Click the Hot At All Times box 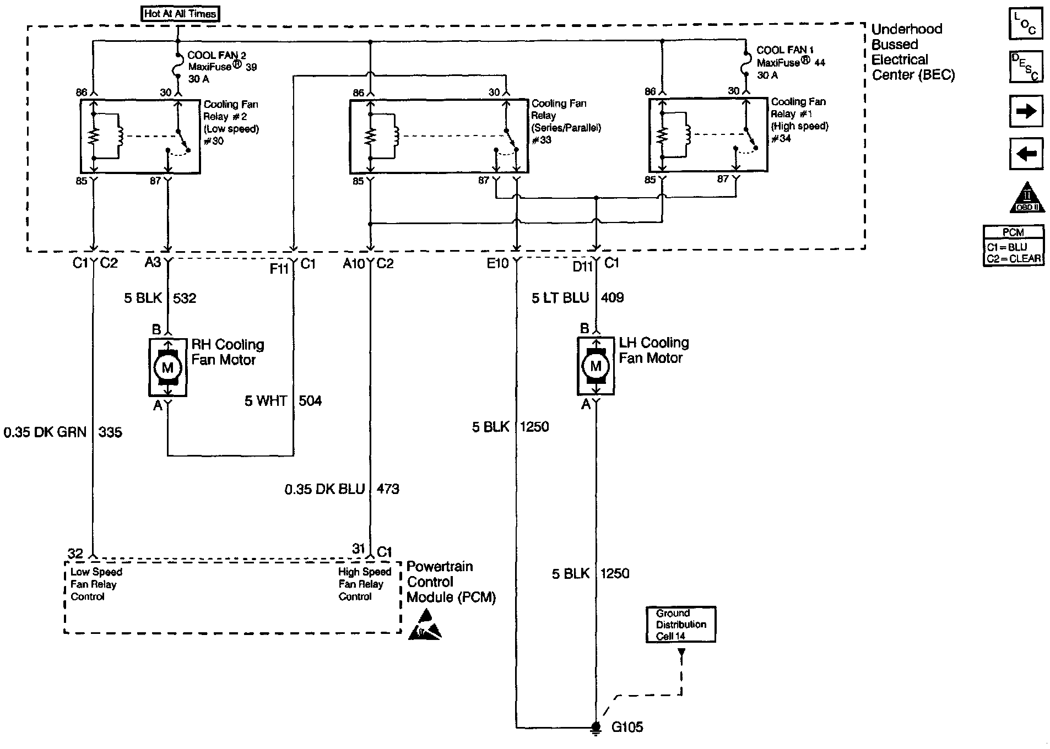pos(180,14)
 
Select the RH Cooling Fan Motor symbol pos(167,367)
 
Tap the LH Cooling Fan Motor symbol pos(596,366)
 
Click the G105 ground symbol pos(596,728)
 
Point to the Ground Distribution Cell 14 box pos(681,625)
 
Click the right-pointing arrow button pos(1026,111)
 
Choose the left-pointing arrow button pos(1026,154)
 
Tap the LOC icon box pos(1026,23)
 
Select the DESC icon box pos(1026,67)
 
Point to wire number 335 pos(110,432)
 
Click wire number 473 pos(388,489)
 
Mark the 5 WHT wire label pos(266,401)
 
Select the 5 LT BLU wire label pos(560,298)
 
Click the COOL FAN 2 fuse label pos(217,56)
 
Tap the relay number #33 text pos(542,140)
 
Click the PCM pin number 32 pos(75,553)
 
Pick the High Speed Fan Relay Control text pos(364,584)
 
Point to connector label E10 pos(497,264)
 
